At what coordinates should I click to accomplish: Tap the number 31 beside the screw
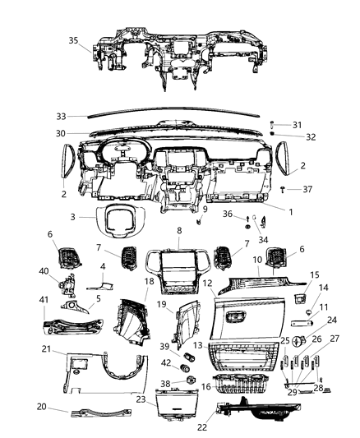297,124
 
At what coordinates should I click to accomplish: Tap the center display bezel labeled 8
179,271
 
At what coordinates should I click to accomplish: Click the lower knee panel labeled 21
99,374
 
